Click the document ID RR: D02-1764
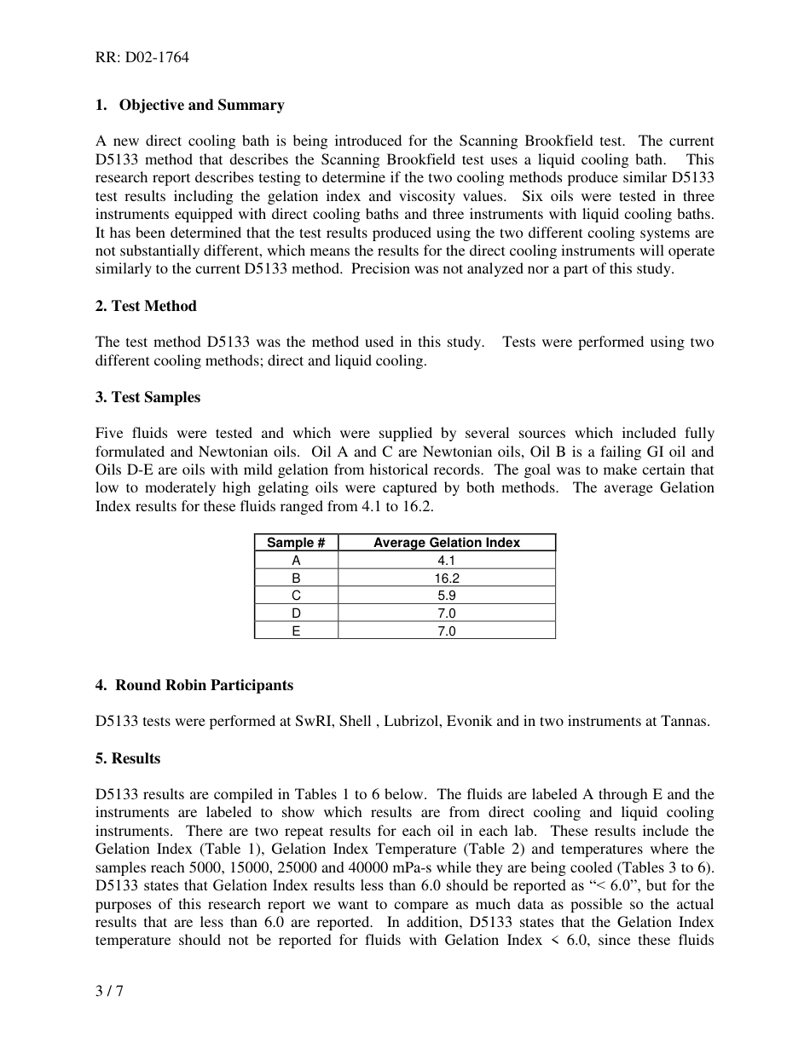click(x=142, y=58)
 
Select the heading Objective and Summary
click(x=201, y=105)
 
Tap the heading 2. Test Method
click(x=146, y=306)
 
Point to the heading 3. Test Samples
click(x=148, y=397)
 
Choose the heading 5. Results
click(x=128, y=758)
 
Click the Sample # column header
click(x=296, y=543)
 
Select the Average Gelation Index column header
click(x=446, y=543)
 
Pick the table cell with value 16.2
click(x=446, y=578)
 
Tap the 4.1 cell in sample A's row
click(x=446, y=561)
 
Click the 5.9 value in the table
click(x=446, y=596)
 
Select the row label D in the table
click(x=296, y=613)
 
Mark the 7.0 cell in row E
click(x=446, y=631)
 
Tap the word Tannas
click(x=685, y=722)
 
